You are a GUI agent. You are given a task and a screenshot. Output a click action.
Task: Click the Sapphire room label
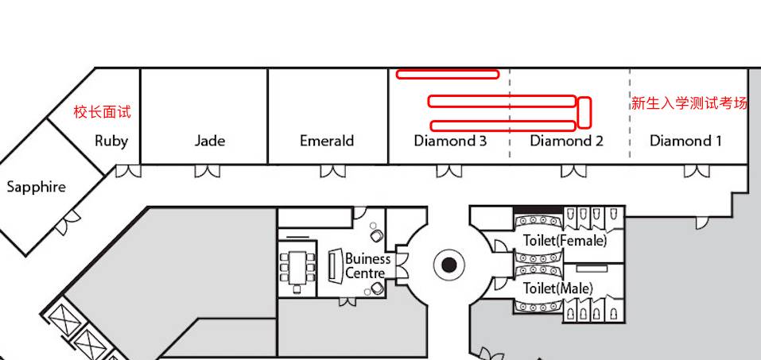tap(36, 188)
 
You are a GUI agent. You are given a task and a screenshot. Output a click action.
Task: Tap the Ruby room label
tap(111, 141)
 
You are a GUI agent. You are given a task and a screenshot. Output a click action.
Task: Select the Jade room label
tap(210, 141)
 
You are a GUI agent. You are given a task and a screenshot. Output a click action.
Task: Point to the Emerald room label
tap(327, 141)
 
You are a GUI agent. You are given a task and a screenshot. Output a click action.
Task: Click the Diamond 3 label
tap(450, 141)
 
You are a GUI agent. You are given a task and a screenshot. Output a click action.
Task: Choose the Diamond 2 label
tap(566, 141)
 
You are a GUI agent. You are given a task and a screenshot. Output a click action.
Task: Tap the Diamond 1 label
tap(685, 141)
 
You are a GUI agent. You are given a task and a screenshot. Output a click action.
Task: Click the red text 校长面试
tap(103, 112)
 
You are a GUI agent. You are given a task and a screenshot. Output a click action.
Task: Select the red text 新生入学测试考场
tap(689, 103)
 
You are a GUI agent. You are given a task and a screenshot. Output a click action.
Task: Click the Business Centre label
tap(367, 266)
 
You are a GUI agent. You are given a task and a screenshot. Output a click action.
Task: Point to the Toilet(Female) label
tap(565, 240)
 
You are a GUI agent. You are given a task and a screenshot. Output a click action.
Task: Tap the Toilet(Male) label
tap(557, 288)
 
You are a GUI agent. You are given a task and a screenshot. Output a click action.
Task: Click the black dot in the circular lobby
tap(449, 265)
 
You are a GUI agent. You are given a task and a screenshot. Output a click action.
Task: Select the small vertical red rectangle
tap(584, 112)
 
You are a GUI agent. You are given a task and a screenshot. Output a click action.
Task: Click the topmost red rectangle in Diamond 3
tap(448, 75)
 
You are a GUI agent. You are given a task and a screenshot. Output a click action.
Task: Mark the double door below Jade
tap(208, 171)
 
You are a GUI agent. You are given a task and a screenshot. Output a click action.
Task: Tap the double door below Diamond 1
tap(697, 171)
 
